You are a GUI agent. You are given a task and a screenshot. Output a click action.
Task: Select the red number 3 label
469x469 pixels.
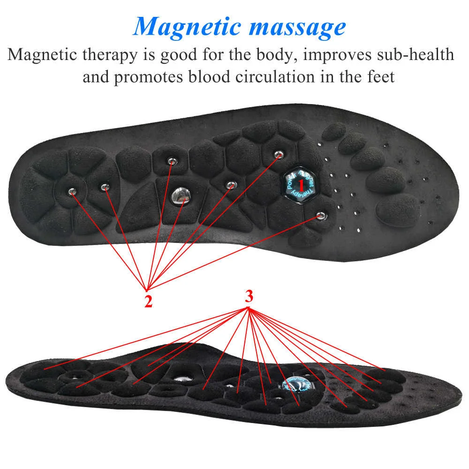coord(249,296)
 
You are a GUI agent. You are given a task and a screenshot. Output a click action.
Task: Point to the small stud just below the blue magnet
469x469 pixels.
coord(320,215)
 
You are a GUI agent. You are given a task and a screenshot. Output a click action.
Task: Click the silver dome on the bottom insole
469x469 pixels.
coord(180,379)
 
